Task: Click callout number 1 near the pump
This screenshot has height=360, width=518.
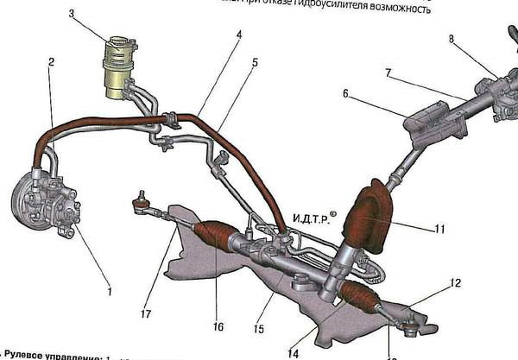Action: (110, 291)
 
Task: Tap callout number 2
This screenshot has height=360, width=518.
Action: (52, 62)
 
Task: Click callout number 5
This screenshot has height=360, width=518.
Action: (255, 63)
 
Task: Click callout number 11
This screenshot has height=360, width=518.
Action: (439, 230)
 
